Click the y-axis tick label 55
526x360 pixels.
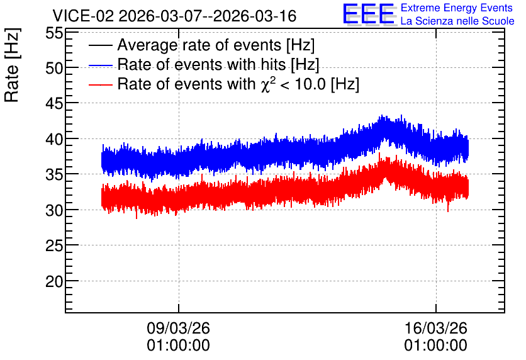[54, 33]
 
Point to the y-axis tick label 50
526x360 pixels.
[54, 69]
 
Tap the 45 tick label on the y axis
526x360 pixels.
[54, 104]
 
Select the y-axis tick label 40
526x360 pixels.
[54, 140]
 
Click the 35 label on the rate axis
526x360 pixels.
[54, 175]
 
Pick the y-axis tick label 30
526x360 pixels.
[54, 211]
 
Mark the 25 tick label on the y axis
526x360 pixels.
[54, 246]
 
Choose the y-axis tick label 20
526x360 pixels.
[54, 282]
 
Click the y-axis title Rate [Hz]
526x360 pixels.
[13, 65]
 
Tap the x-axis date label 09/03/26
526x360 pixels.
[178, 328]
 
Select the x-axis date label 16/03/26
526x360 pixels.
[435, 328]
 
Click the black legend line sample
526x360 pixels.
[100, 45]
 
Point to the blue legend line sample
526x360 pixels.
[100, 65]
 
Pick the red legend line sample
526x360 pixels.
[100, 84]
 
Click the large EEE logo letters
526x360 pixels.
[369, 14]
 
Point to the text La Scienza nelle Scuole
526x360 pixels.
[457, 21]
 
